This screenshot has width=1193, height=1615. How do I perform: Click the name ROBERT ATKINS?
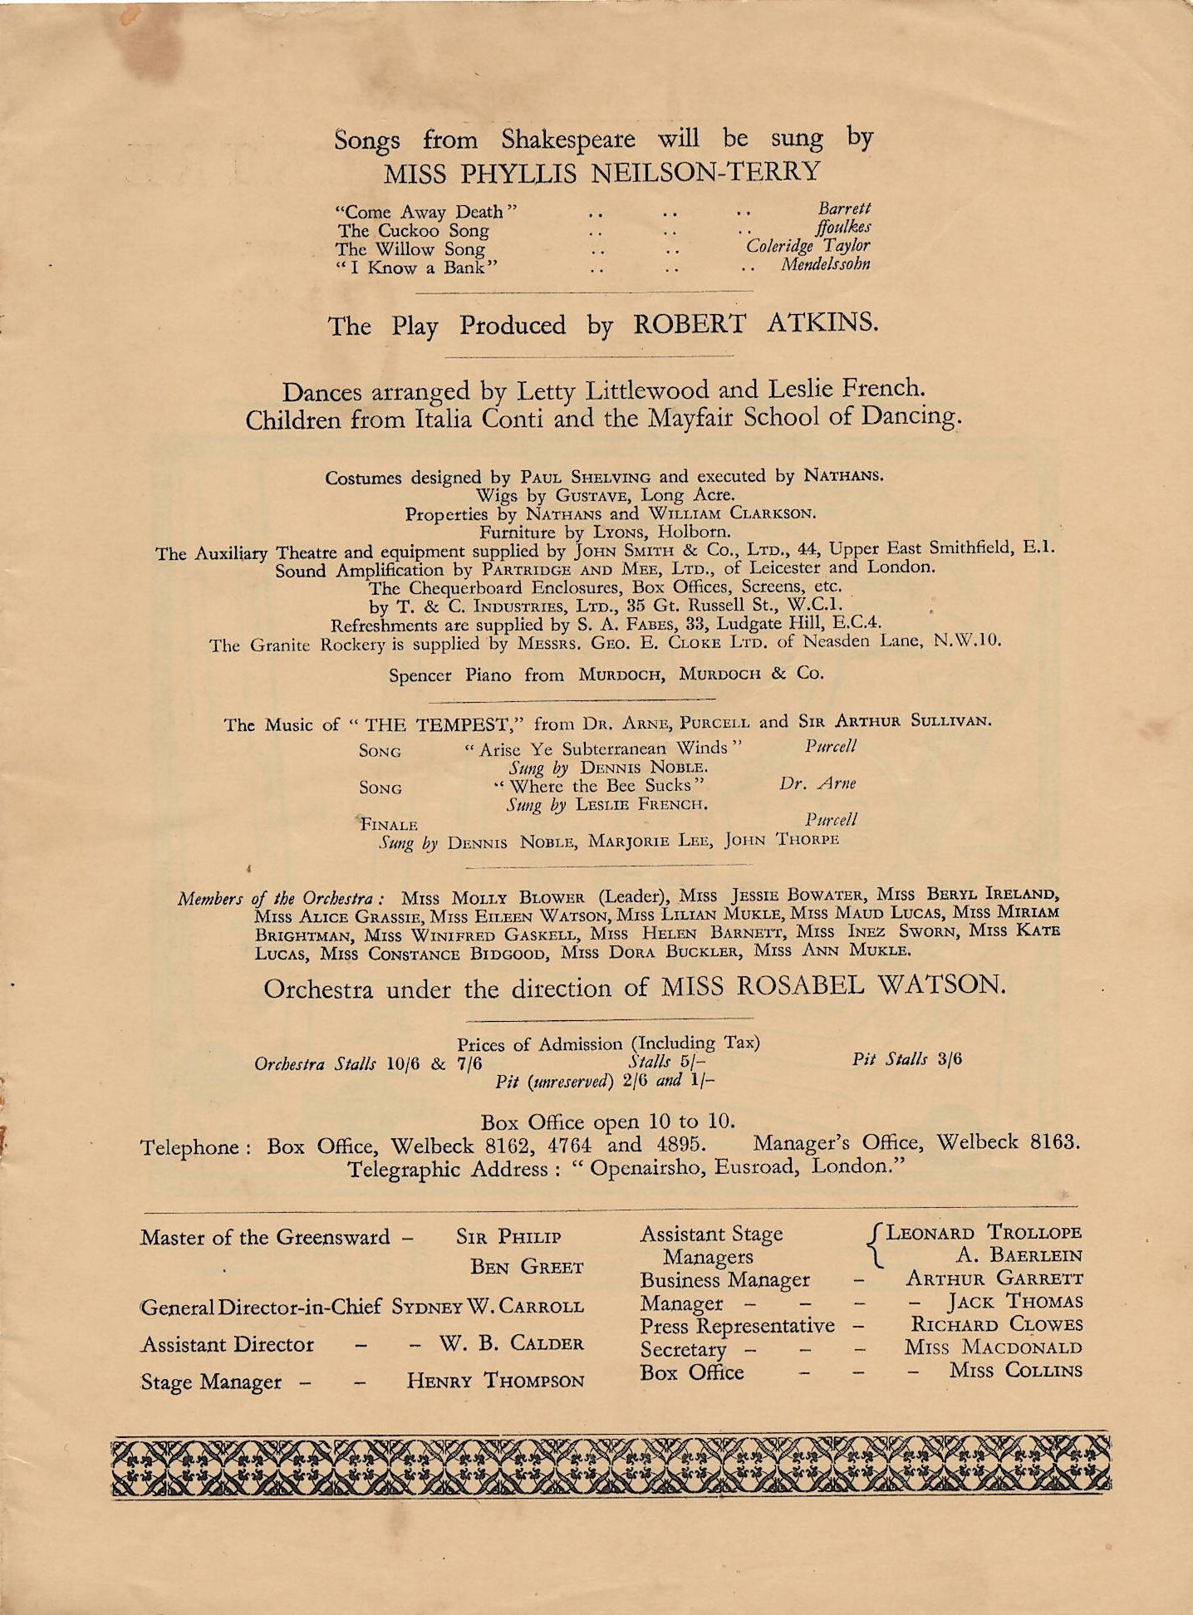755,323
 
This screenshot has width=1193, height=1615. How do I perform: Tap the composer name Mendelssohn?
825,264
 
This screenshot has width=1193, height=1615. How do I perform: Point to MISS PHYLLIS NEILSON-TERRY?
601,173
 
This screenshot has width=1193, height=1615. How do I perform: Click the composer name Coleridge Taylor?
808,246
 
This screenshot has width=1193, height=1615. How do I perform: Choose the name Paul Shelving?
586,477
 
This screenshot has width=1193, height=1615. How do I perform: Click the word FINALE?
388,824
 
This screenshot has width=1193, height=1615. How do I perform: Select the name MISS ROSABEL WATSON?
833,985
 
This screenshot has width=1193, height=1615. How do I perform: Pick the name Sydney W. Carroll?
488,1305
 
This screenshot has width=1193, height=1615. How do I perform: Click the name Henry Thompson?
495,1381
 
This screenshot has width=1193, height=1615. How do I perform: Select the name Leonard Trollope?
984,1233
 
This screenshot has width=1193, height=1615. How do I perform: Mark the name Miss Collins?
1015,1370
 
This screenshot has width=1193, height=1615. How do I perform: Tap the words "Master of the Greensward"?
264,1237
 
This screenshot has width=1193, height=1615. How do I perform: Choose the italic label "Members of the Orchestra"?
280,899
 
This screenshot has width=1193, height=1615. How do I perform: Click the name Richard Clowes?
996,1324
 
